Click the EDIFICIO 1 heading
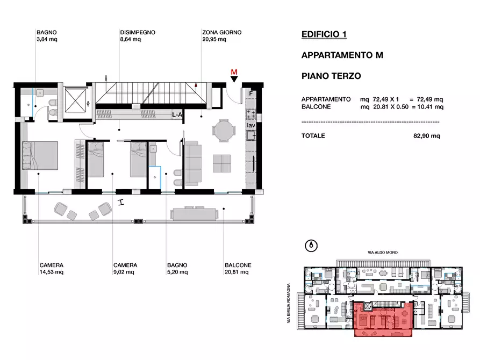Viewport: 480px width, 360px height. click(324, 34)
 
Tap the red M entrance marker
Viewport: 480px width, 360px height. click(234, 76)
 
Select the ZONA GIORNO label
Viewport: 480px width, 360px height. click(221, 32)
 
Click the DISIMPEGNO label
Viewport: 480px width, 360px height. click(138, 32)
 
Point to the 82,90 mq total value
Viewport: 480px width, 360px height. click(426, 135)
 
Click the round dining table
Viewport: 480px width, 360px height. click(224, 131)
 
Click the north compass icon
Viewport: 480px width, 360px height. click(311, 246)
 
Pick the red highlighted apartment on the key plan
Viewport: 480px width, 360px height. click(383, 319)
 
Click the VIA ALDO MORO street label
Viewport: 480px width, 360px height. click(383, 253)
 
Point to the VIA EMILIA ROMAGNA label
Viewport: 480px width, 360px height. click(288, 303)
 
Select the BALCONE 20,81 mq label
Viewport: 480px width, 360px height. click(238, 269)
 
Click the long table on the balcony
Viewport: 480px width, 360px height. click(195, 213)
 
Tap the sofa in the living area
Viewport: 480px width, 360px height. click(194, 163)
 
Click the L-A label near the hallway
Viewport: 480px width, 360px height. click(177, 115)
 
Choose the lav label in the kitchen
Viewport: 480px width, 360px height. click(251, 125)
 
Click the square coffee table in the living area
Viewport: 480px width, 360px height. click(222, 163)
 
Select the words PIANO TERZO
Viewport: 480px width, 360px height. click(331, 76)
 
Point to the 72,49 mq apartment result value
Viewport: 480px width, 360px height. click(430, 99)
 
